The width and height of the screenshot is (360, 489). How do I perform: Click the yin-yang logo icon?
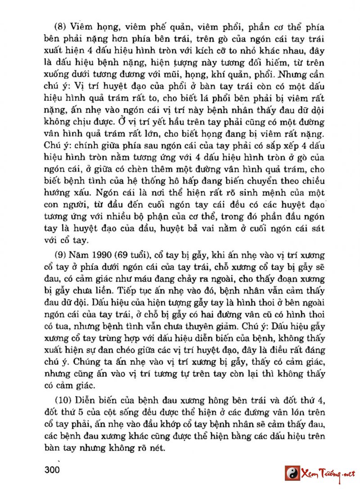tap(292, 473)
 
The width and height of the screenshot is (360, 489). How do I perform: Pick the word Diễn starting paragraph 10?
tap(90, 399)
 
